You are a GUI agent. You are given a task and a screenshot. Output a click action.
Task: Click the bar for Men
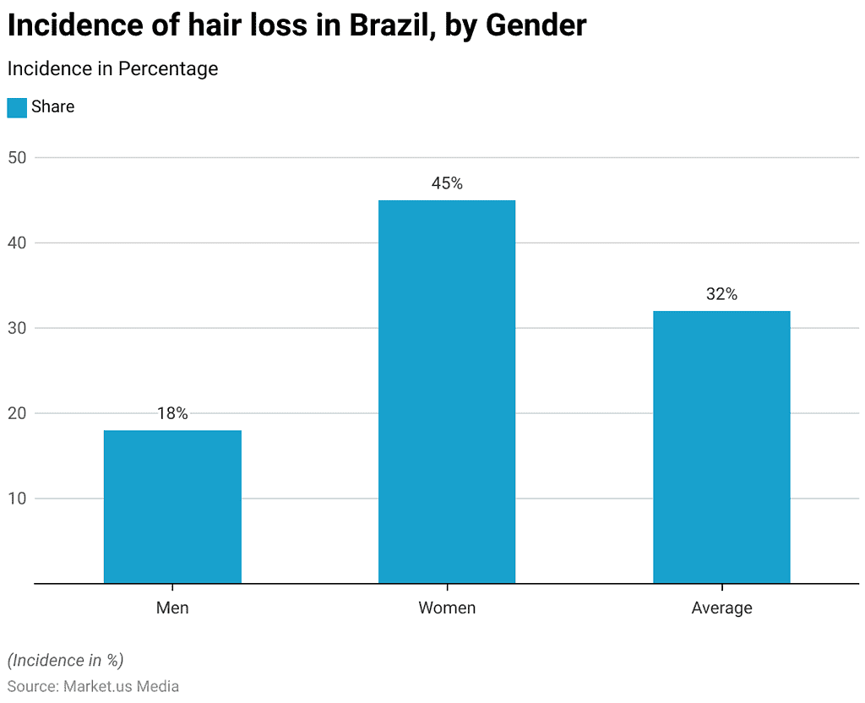[172, 507]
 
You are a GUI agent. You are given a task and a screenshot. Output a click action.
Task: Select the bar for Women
[447, 392]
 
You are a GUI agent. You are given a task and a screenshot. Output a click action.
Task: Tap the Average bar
[721, 447]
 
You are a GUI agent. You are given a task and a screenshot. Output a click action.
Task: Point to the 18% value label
[172, 413]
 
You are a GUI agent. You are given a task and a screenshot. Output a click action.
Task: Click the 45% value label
[447, 183]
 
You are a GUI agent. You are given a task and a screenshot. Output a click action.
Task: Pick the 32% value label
[721, 294]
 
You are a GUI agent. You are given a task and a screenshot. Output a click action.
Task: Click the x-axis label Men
[172, 608]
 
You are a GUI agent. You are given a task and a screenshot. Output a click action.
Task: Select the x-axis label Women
[447, 608]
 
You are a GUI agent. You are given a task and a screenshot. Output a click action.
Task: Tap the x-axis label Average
[721, 608]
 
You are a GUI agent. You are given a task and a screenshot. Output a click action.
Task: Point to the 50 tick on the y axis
[19, 158]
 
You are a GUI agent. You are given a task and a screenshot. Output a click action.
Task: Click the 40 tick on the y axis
[19, 243]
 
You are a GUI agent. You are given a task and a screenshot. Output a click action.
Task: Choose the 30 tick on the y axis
[19, 328]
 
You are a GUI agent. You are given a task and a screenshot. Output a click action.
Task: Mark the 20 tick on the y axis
[19, 413]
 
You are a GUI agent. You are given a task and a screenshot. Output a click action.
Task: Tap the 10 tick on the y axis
[19, 499]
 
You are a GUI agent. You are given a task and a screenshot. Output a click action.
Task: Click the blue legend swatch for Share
[17, 107]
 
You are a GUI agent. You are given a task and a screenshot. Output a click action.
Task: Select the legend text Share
[53, 107]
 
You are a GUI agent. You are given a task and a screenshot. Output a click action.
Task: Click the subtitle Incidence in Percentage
[112, 68]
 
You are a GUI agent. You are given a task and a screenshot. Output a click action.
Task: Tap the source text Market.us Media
[121, 686]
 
